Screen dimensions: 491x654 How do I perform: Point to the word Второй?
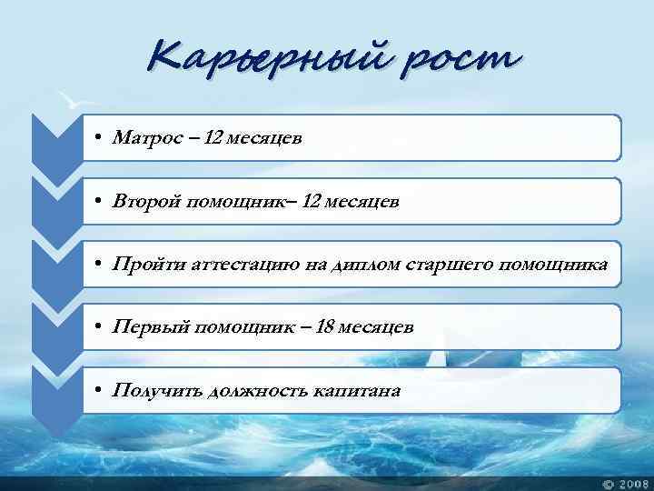pyautogui.click(x=145, y=201)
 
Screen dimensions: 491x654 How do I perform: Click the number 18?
pyautogui.click(x=325, y=327)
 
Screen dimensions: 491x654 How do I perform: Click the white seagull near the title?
pyautogui.click(x=67, y=98)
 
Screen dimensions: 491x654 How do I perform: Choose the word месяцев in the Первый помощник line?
pyautogui.click(x=376, y=327)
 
